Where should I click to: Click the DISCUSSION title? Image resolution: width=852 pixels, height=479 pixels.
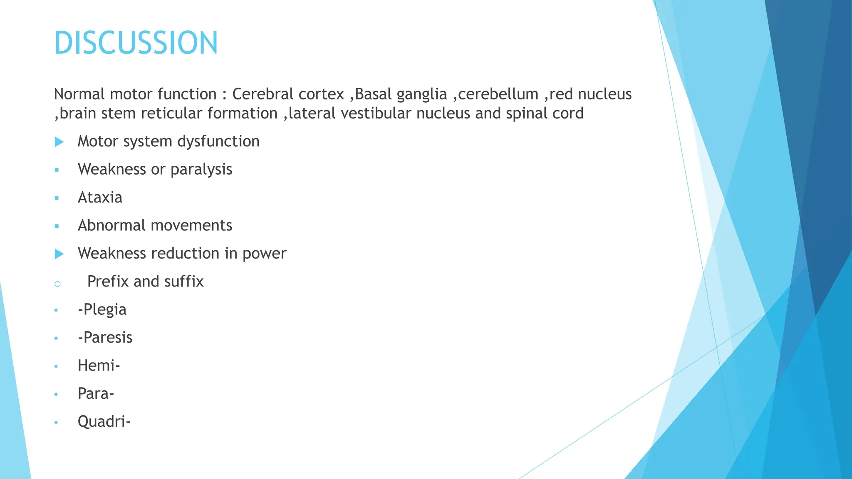[136, 43]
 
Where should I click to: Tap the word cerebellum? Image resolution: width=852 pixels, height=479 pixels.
[498, 94]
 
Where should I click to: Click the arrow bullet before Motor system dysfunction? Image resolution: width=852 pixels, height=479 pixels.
[59, 142]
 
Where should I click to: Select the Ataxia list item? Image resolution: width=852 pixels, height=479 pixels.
[100, 198]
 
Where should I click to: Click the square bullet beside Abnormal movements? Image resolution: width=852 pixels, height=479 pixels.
[57, 226]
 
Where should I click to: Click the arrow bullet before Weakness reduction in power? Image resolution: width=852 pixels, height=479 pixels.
[59, 254]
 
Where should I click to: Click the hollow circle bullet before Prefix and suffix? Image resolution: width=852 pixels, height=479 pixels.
[57, 284]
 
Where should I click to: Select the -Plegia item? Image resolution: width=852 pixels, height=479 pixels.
[102, 310]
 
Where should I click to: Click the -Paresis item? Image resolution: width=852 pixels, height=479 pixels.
[105, 337]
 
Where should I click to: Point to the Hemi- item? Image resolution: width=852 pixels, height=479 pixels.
[99, 365]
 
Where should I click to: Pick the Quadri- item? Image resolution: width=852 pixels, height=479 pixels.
[104, 422]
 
